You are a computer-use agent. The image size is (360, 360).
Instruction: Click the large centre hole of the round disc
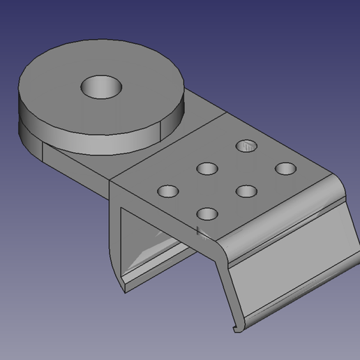[101, 87]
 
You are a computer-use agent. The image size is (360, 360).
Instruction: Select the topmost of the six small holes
[246, 146]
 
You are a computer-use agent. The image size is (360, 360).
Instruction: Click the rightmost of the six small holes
[285, 168]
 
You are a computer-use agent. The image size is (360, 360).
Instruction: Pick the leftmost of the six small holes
[168, 190]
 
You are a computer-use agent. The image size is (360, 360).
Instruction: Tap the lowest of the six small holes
[207, 213]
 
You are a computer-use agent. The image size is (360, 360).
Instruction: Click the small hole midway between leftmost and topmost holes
[207, 168]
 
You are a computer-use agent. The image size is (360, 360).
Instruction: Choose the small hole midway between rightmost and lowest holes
[246, 190]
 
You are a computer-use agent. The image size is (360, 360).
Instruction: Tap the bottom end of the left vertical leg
[124, 286]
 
